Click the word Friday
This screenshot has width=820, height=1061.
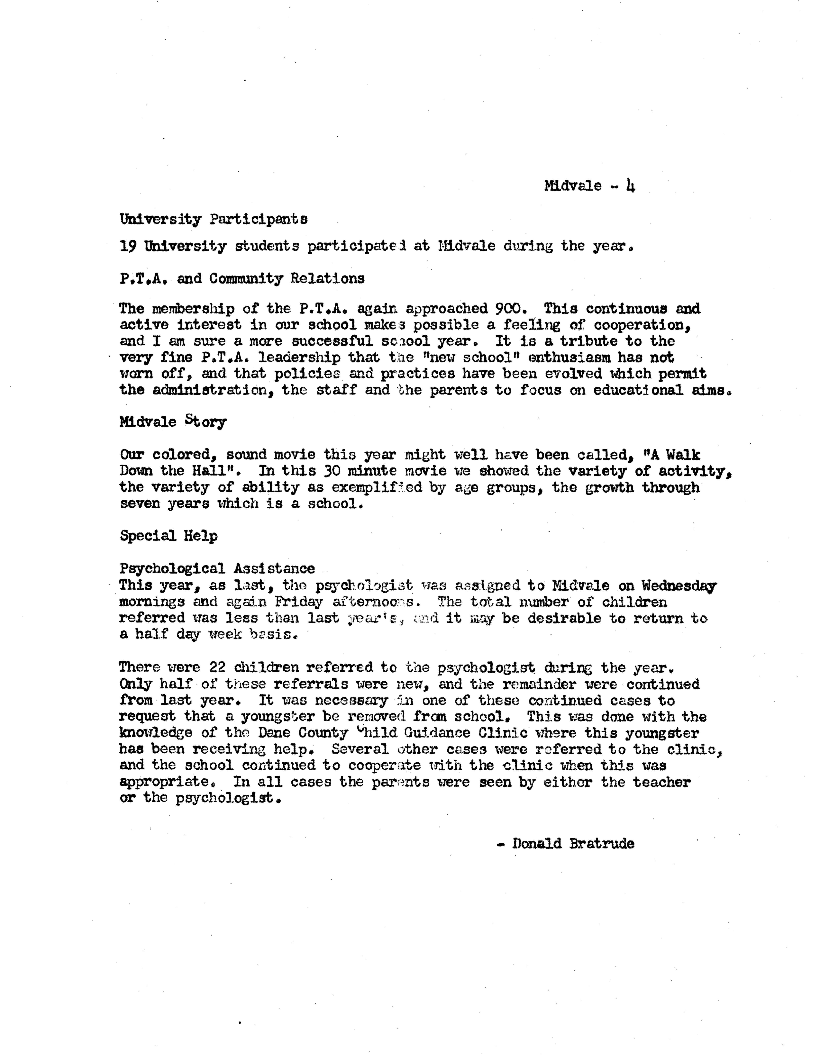pos(298,602)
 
